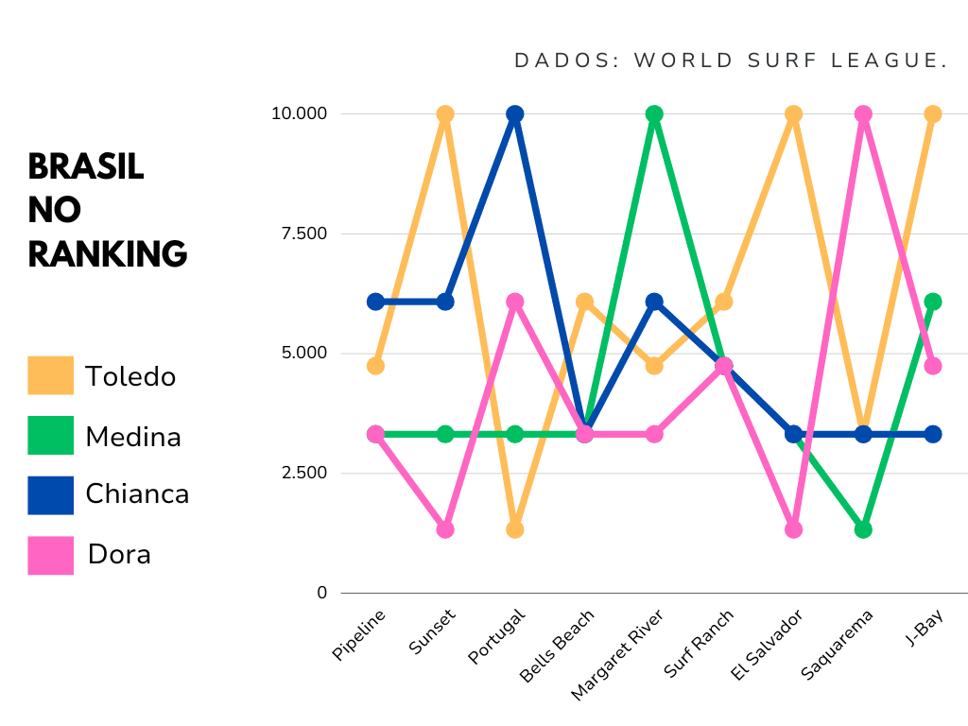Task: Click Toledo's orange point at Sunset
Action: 445,114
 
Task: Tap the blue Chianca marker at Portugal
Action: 515,114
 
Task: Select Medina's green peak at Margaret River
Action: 654,114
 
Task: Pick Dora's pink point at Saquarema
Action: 862,114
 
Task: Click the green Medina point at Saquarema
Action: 862,529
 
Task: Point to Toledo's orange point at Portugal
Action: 515,529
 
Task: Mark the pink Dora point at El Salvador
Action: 793,529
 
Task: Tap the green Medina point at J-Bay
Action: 932,302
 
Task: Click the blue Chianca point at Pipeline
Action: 375,302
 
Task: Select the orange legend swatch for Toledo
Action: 51,375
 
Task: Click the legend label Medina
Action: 133,436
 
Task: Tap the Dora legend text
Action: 119,554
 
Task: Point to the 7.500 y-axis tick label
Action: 300,233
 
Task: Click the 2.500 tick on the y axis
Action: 300,473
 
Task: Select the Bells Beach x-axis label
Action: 559,645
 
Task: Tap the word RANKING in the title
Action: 108,253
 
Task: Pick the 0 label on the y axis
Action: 321,593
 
